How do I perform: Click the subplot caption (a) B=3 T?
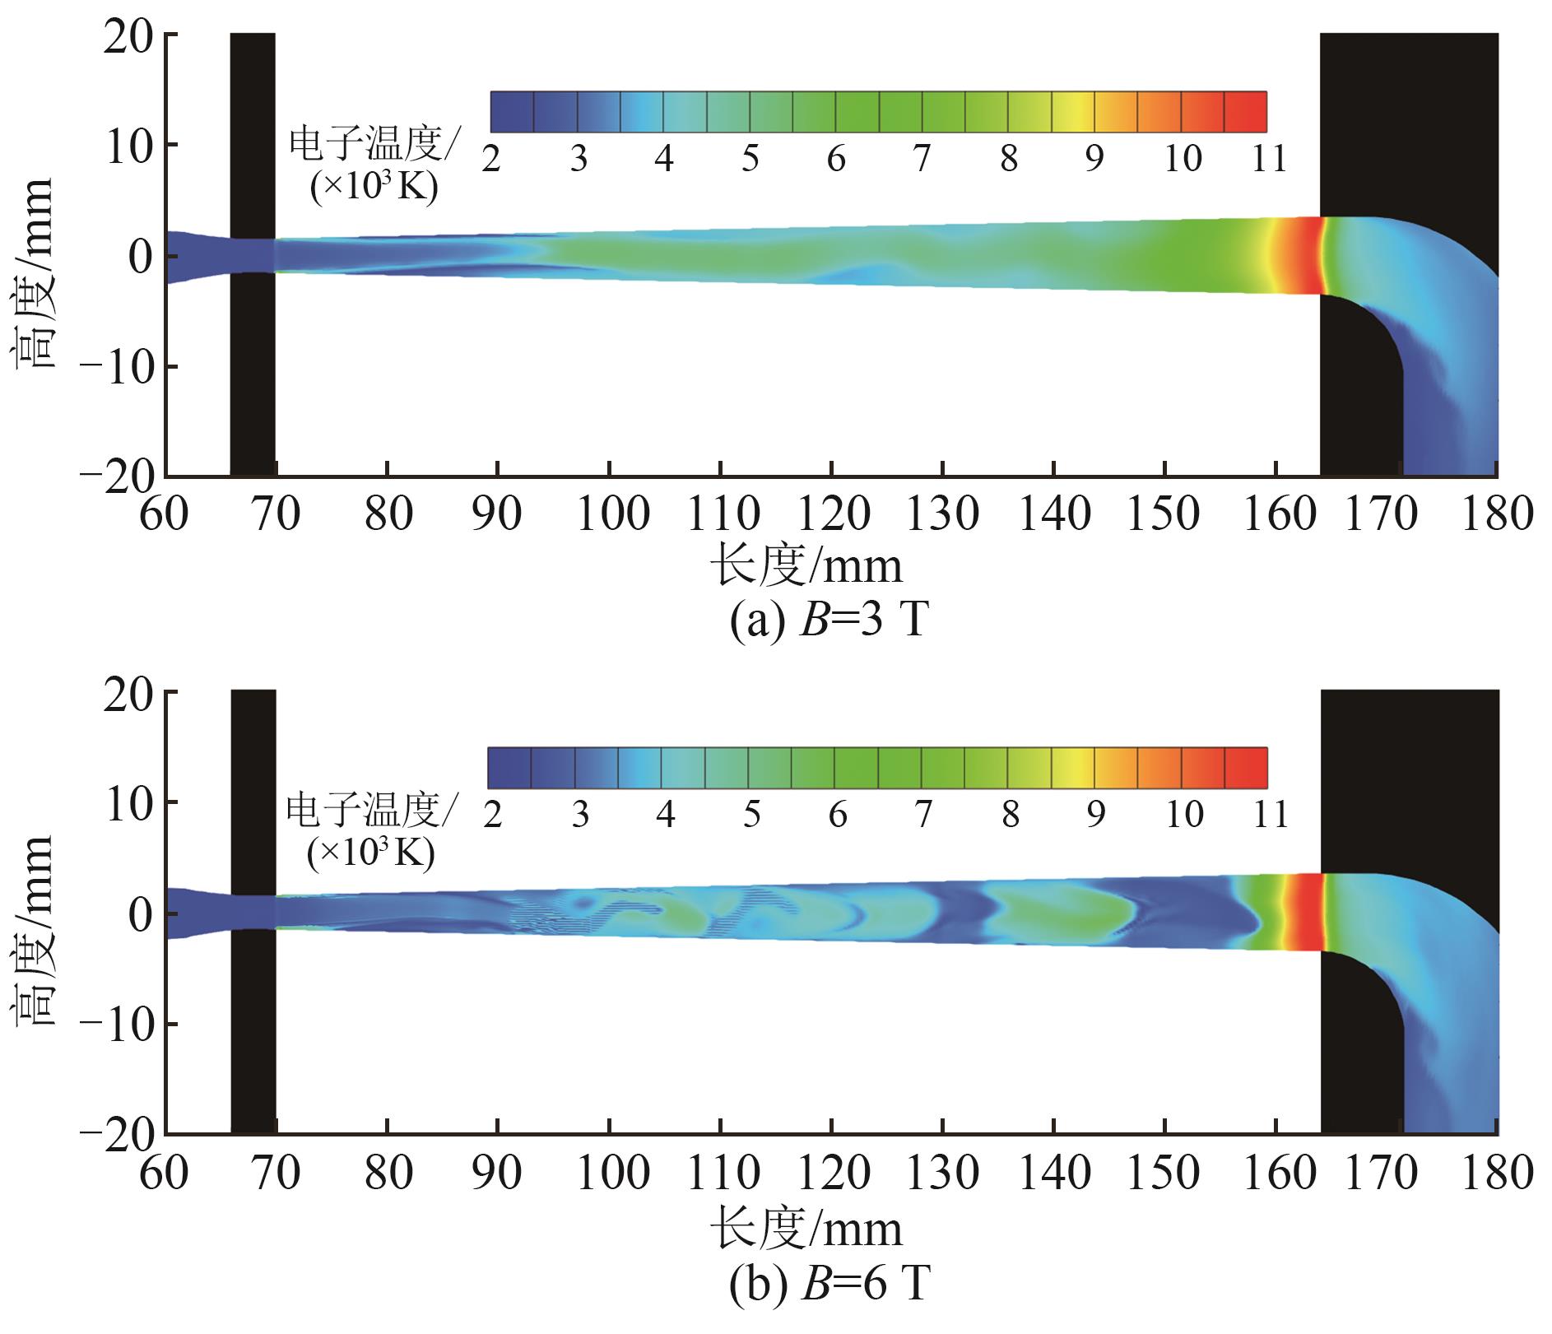(x=829, y=621)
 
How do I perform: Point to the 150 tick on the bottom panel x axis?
(x=1164, y=1173)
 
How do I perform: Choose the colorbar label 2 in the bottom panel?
(x=492, y=815)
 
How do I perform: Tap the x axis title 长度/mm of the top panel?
(x=806, y=567)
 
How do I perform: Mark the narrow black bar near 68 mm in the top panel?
(x=253, y=255)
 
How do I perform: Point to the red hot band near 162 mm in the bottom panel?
(x=1303, y=912)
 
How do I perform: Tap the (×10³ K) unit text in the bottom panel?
(x=370, y=854)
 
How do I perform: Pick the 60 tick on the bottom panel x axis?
(x=165, y=1173)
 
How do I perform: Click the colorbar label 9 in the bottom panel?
(x=1094, y=815)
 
